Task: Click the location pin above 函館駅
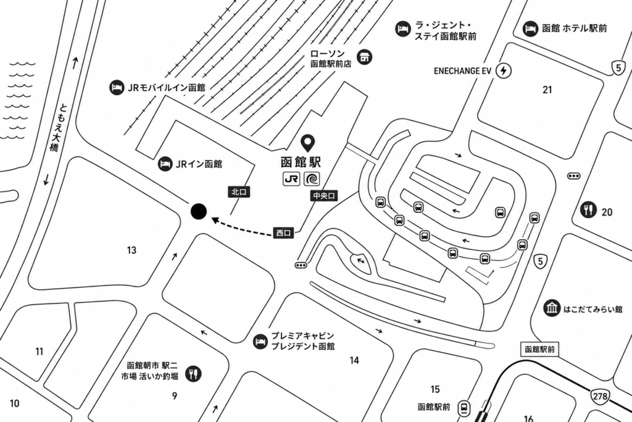(x=309, y=142)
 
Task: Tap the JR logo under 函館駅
(x=291, y=179)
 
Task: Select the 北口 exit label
(x=239, y=192)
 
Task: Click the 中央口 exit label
(x=324, y=196)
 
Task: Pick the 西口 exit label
(x=284, y=233)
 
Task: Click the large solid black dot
(x=199, y=211)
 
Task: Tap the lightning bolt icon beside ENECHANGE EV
(x=503, y=71)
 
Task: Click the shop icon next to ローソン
(x=365, y=57)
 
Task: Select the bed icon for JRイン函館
(x=165, y=164)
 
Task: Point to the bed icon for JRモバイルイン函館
(x=117, y=88)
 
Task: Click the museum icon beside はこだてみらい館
(x=551, y=308)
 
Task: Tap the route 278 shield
(x=600, y=396)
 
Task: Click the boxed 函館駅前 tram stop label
(x=539, y=349)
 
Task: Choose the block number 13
(x=132, y=250)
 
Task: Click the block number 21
(x=547, y=90)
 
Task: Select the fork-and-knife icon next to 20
(x=588, y=209)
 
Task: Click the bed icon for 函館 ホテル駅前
(x=530, y=28)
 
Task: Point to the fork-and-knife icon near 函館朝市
(x=193, y=374)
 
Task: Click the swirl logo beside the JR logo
(x=312, y=179)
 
